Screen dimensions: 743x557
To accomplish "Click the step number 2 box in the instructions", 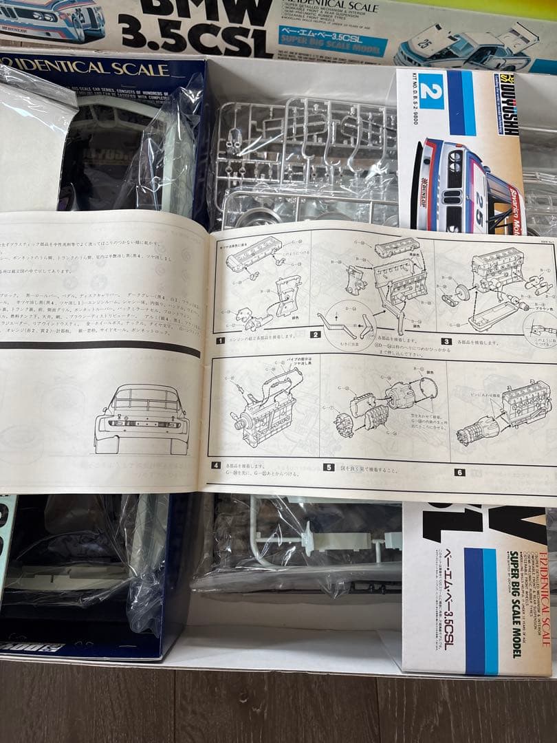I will [x=315, y=336].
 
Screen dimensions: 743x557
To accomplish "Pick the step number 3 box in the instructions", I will [x=446, y=341].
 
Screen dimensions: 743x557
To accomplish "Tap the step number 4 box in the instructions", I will [x=217, y=466].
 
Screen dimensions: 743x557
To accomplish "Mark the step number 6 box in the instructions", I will [x=459, y=473].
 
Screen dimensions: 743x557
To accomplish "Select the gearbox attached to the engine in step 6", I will [x=477, y=429].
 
